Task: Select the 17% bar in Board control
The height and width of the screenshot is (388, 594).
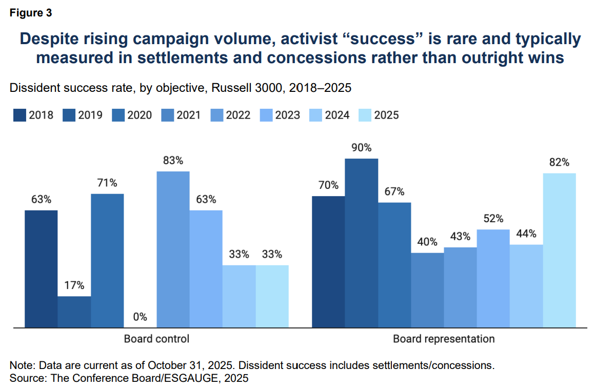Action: [x=74, y=312]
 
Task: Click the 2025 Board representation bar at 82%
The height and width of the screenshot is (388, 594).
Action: [x=559, y=250]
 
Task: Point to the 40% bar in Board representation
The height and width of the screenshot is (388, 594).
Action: [x=427, y=290]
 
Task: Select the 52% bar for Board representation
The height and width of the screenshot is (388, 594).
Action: [x=493, y=278]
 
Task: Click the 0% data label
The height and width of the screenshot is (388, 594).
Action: [x=140, y=317]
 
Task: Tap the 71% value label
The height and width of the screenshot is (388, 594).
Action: [x=107, y=183]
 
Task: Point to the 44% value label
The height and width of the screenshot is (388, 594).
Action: [x=526, y=234]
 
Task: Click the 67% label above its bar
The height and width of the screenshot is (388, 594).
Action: [x=394, y=191]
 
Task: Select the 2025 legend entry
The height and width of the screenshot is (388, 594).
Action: [x=378, y=115]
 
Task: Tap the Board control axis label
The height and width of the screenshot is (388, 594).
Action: [x=156, y=339]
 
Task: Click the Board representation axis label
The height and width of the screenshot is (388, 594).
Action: [x=444, y=339]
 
